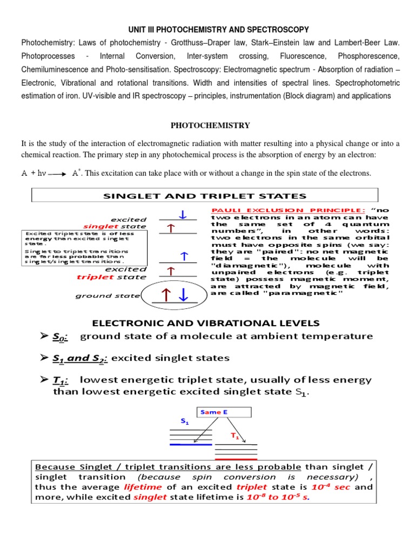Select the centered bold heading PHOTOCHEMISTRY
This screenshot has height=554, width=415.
(210, 126)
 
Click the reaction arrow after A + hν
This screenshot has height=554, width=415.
(57, 174)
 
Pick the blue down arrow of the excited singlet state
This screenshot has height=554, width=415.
(183, 215)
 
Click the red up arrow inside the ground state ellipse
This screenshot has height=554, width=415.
(167, 295)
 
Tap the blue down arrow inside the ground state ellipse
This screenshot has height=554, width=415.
(184, 295)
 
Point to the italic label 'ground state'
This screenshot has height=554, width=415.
(108, 296)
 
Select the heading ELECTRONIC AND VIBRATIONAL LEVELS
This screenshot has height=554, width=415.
(206, 323)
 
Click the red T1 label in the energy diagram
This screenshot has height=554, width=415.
(235, 435)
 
